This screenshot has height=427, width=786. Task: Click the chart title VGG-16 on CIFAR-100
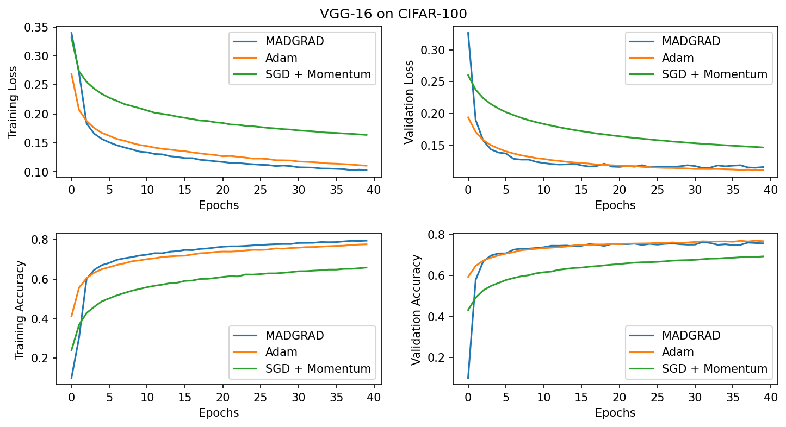click(393, 14)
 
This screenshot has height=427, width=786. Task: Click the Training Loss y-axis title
click(13, 102)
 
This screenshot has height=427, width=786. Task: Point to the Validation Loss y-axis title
click(409, 102)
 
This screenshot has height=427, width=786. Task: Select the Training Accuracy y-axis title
click(20, 310)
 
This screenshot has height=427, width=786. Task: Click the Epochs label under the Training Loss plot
click(219, 205)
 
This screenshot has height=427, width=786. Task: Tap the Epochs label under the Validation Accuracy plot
click(615, 412)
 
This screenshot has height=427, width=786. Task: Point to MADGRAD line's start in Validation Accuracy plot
click(468, 378)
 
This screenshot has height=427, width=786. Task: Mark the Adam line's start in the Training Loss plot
click(71, 74)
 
